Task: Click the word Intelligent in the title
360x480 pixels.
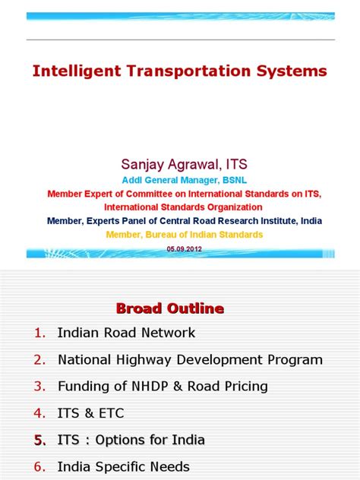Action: pos(77,71)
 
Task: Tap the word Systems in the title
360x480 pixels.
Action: pos(292,71)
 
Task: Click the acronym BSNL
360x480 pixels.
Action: pos(235,180)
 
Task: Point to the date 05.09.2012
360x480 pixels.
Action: pos(185,249)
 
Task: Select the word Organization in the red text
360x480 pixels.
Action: pos(235,207)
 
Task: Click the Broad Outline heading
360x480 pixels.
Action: pos(170,308)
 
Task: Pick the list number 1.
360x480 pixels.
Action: pos(39,333)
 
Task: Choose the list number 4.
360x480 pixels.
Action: pos(39,413)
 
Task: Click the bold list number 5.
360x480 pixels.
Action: pos(40,441)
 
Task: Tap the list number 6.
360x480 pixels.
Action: pos(39,467)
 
